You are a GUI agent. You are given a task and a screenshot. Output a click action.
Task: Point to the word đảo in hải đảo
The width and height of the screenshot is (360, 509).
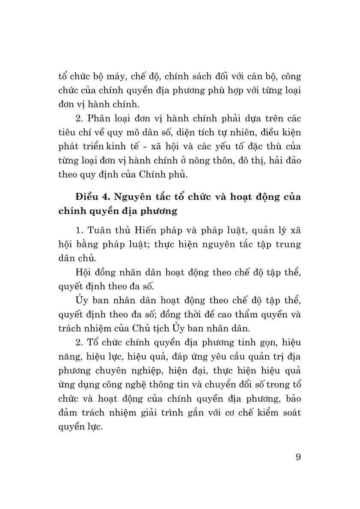(292, 160)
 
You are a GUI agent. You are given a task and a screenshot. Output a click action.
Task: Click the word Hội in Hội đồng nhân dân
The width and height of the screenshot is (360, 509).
(83, 272)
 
